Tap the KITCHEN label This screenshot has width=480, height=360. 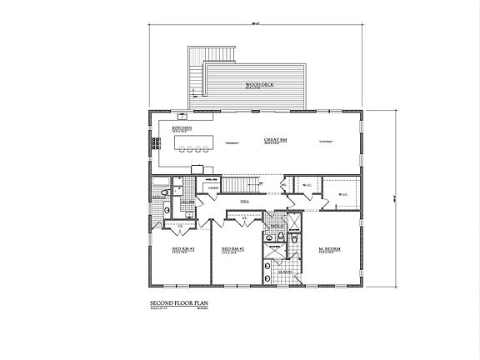click(182, 128)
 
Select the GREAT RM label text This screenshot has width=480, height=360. click(276, 140)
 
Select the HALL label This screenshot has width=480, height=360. click(245, 201)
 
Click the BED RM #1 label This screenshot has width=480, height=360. click(182, 249)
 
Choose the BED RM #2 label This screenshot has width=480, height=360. click(232, 249)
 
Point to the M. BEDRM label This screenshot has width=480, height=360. click(328, 248)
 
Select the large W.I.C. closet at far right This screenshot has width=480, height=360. click(342, 194)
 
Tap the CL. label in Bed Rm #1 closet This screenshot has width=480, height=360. click(181, 225)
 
